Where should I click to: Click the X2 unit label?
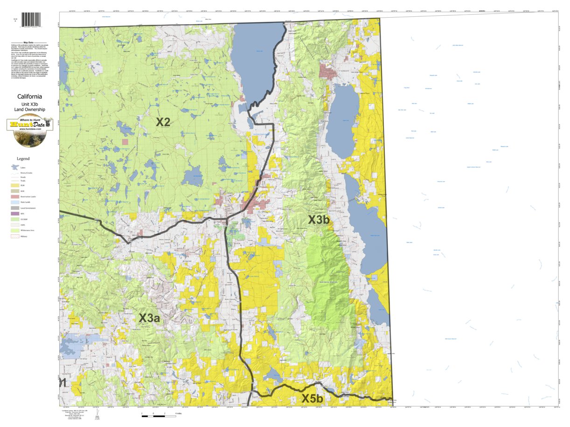coord(163,122)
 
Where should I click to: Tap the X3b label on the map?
coord(319,220)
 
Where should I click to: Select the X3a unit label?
coord(149,319)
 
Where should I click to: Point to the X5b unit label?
coord(312,399)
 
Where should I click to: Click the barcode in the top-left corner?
coord(31,20)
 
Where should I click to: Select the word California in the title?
coord(29,97)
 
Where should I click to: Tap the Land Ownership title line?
coord(29,109)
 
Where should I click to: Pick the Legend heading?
coord(23,159)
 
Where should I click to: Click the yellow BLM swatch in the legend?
coord(15,185)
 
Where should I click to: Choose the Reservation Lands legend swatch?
coord(15,197)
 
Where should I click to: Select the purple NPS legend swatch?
coord(15,214)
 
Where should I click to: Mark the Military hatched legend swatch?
coord(15,236)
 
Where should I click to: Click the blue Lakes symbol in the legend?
coord(15,167)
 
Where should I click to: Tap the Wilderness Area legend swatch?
coord(15,230)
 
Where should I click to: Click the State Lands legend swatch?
coord(15,202)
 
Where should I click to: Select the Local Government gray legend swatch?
coord(15,208)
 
